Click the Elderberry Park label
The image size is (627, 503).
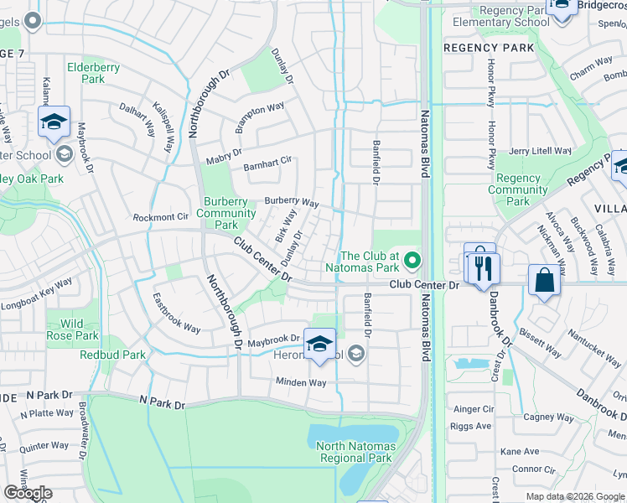tap(93, 73)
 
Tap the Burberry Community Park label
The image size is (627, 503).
tap(226, 213)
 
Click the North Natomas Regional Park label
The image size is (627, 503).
tap(355, 452)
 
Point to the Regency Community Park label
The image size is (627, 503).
tap(518, 189)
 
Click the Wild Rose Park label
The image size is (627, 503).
tap(73, 329)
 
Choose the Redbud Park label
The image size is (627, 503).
tap(112, 355)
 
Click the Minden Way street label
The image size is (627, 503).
tap(301, 382)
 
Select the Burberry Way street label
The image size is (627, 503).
tap(292, 203)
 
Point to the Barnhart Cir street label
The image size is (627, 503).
tap(267, 163)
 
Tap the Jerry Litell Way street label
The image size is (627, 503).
tap(540, 151)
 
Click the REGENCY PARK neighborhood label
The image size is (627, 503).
tap(489, 48)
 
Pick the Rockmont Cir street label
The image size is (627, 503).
tap(161, 217)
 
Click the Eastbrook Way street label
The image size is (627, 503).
tap(176, 313)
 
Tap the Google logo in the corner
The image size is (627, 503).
tap(28, 493)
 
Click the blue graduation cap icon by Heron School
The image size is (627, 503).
tap(319, 344)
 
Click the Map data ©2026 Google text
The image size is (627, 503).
tap(575, 495)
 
